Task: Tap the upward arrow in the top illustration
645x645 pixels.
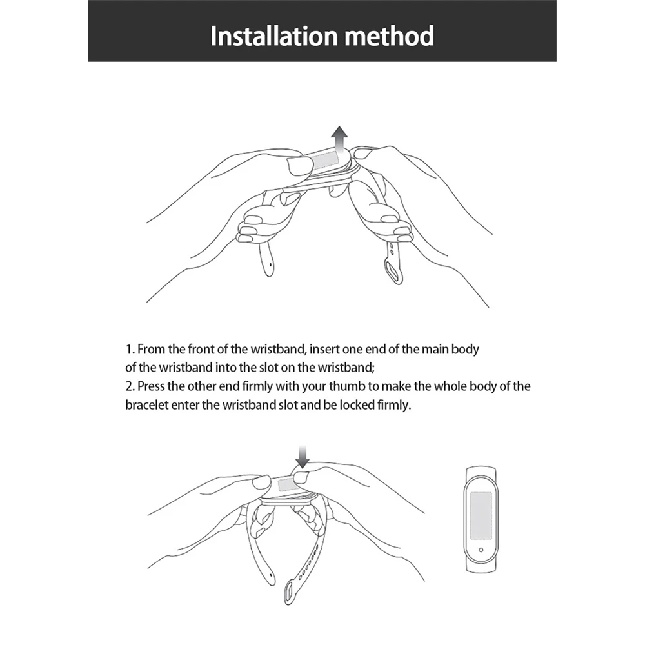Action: tap(338, 137)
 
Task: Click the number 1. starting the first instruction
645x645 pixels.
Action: tap(130, 350)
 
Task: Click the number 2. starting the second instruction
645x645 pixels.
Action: tap(130, 387)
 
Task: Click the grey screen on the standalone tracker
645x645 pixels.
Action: tap(481, 512)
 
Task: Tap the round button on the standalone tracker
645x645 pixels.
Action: tap(481, 549)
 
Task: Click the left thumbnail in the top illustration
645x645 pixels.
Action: tap(301, 166)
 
